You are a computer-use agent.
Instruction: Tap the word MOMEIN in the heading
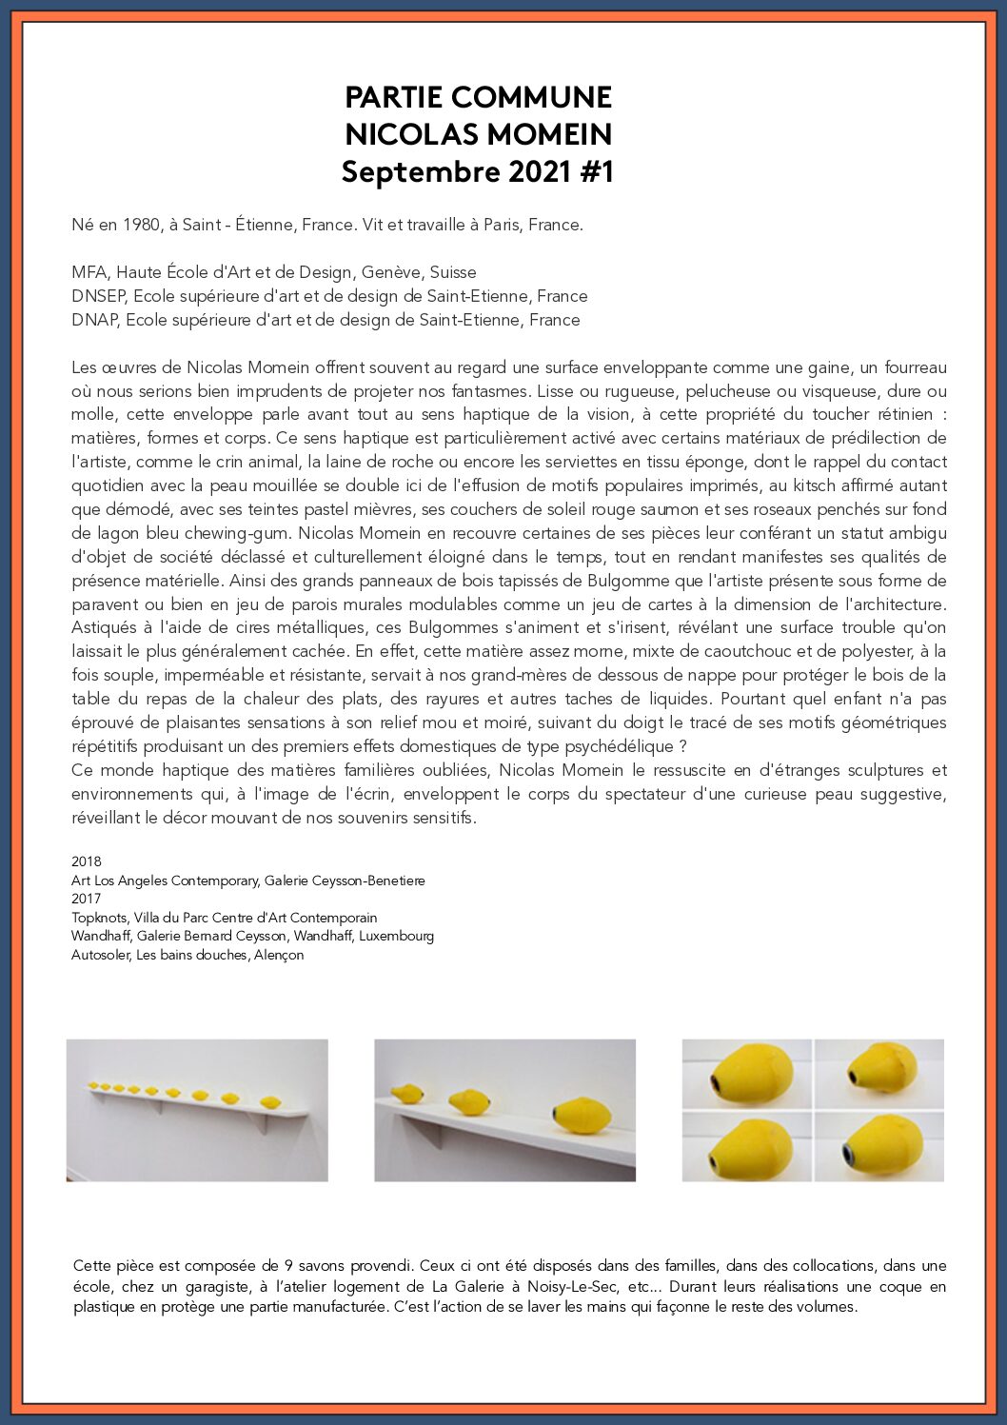(553, 134)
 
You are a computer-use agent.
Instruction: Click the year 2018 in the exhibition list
(86, 861)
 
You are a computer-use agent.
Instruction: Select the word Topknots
(99, 918)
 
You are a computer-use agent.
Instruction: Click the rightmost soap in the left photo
(270, 1102)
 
